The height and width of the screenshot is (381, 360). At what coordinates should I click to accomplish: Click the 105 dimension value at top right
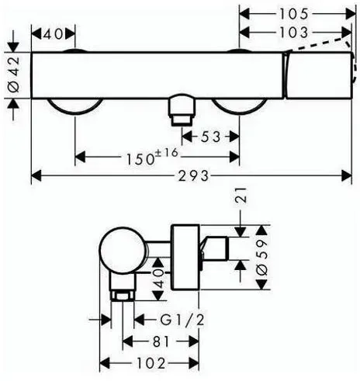(294, 14)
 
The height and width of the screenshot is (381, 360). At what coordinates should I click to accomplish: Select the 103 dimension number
(294, 33)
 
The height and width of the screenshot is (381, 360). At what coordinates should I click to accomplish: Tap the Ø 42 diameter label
(14, 74)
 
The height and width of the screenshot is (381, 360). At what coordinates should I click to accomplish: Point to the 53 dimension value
(210, 137)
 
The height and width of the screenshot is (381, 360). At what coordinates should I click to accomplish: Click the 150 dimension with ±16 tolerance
(152, 157)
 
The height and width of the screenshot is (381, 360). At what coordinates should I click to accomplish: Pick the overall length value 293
(193, 176)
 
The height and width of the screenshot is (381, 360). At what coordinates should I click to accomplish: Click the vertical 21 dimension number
(241, 196)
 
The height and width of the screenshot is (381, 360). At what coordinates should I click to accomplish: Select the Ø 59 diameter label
(262, 258)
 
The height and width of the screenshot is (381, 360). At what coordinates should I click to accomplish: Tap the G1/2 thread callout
(182, 320)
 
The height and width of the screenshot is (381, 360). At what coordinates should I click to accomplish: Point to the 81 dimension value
(161, 341)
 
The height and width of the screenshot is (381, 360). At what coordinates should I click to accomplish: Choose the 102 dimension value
(151, 363)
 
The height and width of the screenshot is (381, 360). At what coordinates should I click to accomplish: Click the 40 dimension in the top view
(53, 34)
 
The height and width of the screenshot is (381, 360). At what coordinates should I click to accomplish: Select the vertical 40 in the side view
(160, 279)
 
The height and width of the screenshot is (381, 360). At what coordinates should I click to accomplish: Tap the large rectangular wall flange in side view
(185, 257)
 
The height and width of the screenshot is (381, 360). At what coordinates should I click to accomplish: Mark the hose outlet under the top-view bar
(182, 110)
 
